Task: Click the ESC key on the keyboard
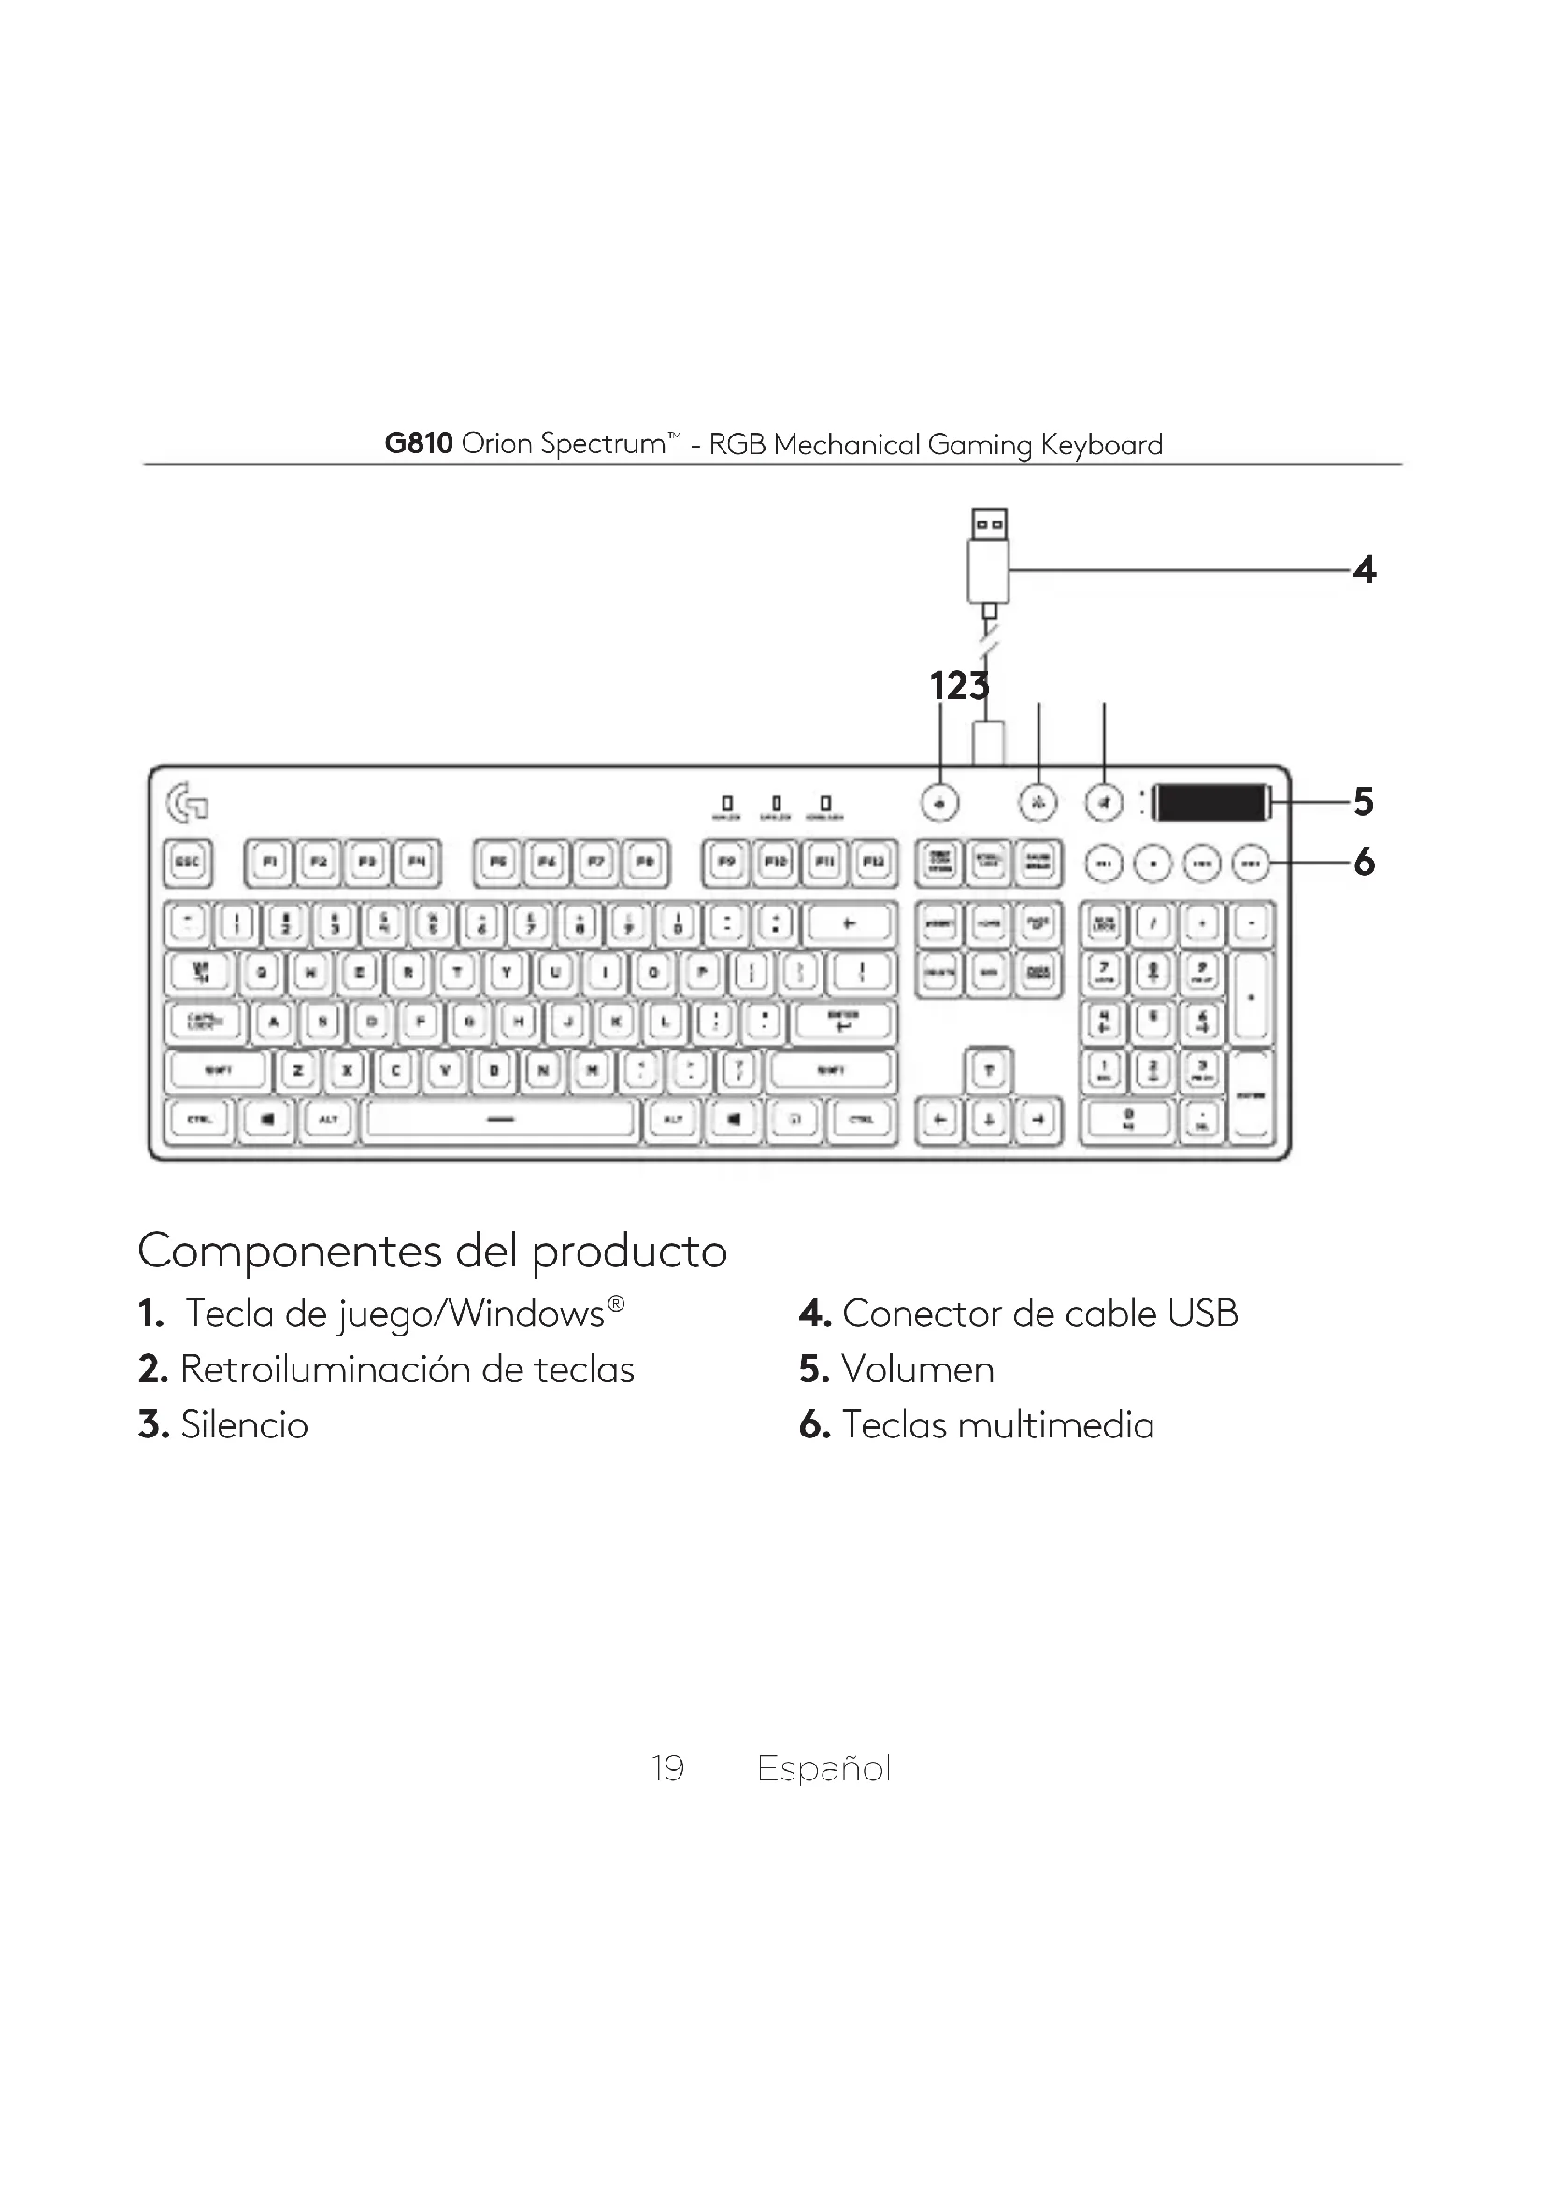(188, 863)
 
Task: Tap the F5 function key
(497, 863)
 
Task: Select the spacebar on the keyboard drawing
(501, 1120)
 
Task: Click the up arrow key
(989, 1071)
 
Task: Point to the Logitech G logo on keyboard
(188, 802)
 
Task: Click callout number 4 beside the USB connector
(1365, 570)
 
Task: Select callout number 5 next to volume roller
(1364, 803)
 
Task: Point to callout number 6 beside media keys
(1364, 863)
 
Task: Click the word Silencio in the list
(245, 1425)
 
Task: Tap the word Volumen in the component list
(918, 1370)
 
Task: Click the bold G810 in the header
(419, 444)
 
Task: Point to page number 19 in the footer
(668, 1768)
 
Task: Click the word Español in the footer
(823, 1768)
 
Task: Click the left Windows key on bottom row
(267, 1120)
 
